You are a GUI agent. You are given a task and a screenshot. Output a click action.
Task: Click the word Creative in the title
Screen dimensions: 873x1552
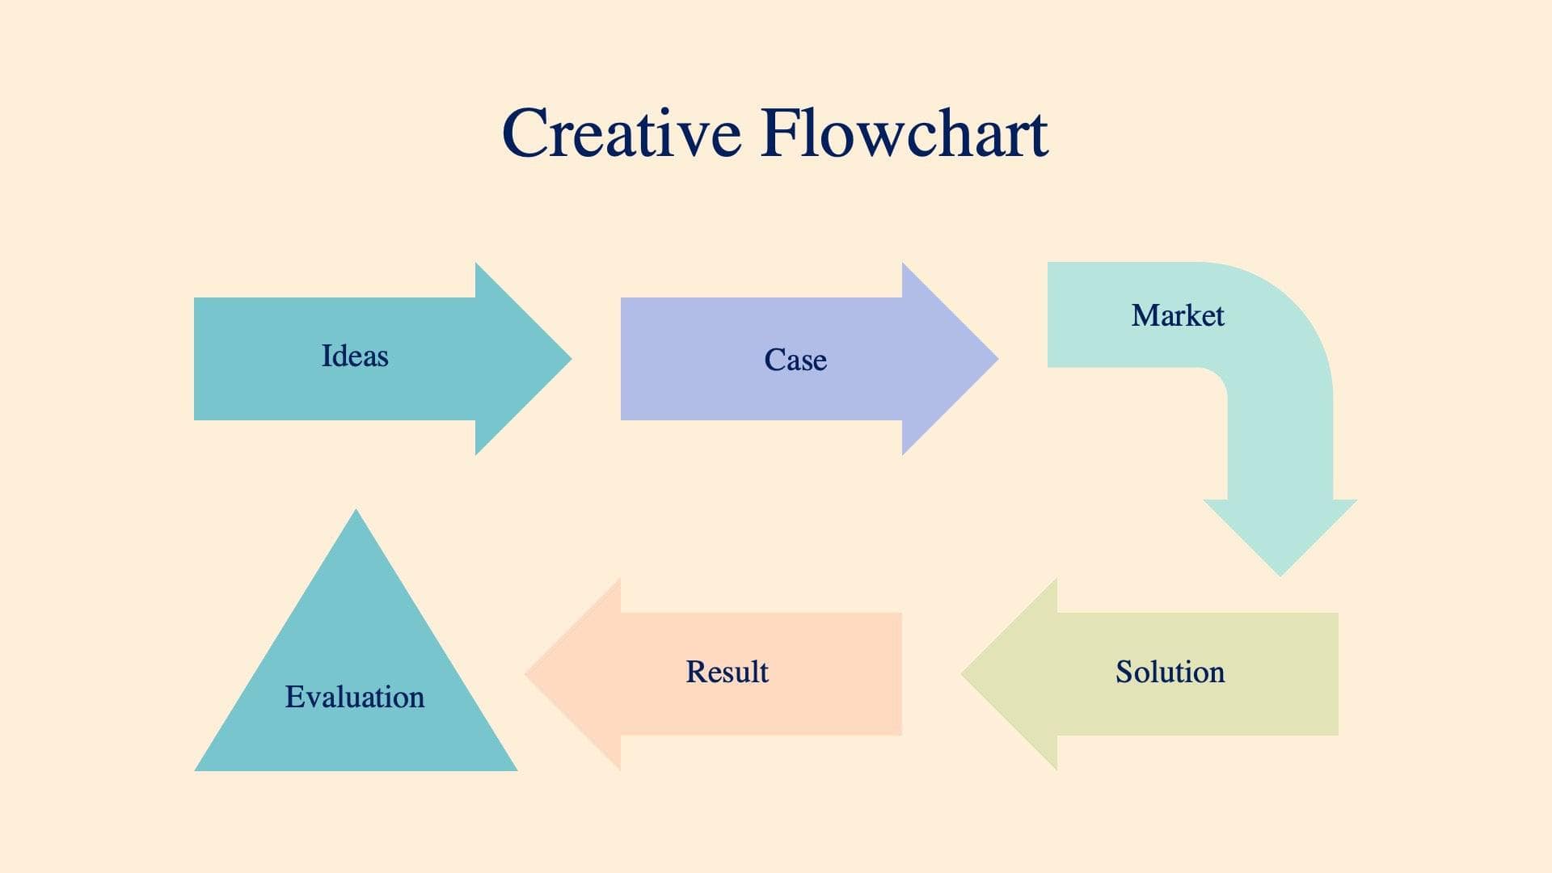[x=621, y=133]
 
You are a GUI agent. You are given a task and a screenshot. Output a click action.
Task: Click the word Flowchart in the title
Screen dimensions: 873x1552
[x=904, y=133]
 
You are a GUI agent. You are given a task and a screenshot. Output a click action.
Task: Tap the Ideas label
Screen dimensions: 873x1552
[x=355, y=356]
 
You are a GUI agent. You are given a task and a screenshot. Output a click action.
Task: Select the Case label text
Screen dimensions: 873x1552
[x=795, y=360]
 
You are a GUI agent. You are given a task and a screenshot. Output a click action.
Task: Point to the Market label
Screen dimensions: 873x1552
[x=1177, y=315]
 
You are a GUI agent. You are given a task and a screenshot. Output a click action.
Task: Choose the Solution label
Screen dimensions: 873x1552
[x=1170, y=672]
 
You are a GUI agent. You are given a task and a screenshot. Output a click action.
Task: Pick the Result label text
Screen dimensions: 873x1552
[x=727, y=672]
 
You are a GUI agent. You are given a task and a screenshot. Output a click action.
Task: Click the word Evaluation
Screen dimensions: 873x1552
[x=355, y=697]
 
